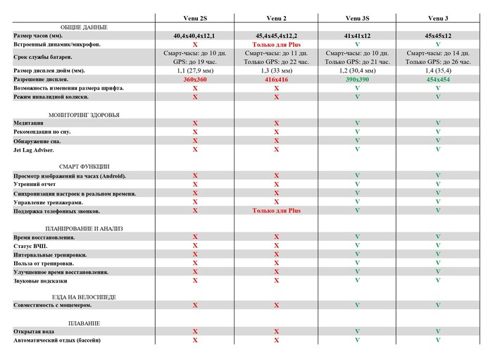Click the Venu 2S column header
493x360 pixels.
point(195,18)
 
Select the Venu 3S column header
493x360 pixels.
point(357,18)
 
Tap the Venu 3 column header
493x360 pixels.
point(438,18)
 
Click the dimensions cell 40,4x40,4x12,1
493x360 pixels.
point(195,35)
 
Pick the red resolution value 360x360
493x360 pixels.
point(195,80)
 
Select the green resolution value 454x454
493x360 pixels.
point(438,80)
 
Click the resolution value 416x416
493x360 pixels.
point(276,80)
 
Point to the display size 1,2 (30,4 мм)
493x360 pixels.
point(357,70)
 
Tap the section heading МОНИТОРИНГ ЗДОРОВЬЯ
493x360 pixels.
point(84,114)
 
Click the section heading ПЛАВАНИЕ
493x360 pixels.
point(84,323)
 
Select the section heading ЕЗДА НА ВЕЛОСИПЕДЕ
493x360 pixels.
point(84,297)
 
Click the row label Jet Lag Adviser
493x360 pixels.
point(33,149)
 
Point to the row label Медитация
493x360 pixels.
point(28,123)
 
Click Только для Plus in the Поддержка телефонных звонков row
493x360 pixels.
point(276,210)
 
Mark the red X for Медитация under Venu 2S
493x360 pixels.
point(195,123)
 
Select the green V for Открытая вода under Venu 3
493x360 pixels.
point(438,331)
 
